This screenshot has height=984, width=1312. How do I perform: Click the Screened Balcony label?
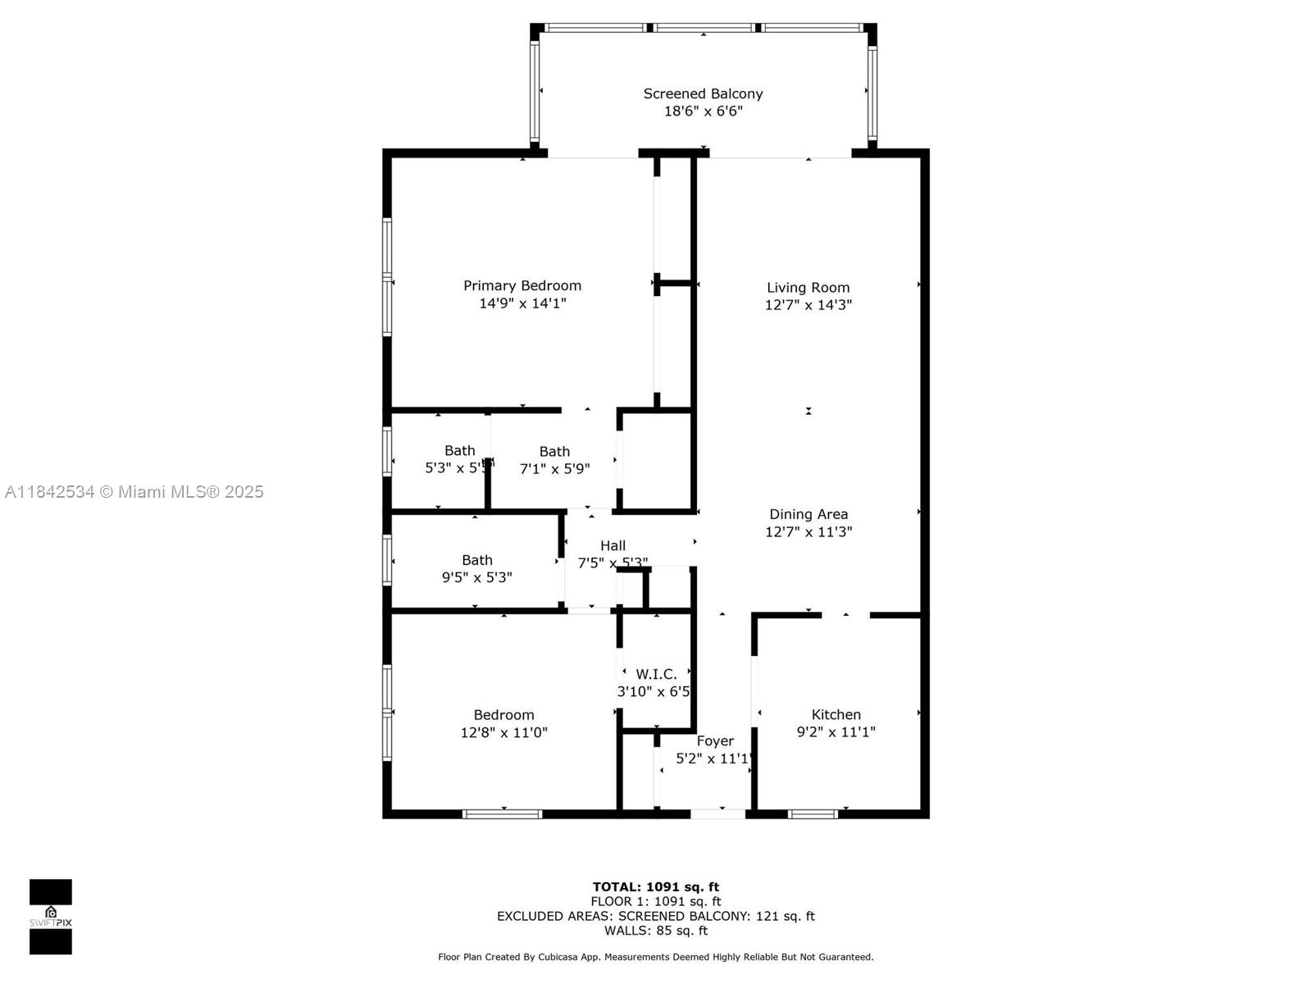tap(703, 93)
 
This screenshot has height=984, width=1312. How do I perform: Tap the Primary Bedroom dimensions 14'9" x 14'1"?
tap(522, 303)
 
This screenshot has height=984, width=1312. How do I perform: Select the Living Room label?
tap(808, 287)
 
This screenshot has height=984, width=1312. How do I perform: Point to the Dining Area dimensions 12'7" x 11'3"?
tap(808, 531)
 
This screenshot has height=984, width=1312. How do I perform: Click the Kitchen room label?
tap(836, 714)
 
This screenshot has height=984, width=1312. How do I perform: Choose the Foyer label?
tap(715, 740)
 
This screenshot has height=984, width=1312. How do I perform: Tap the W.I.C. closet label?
tap(656, 674)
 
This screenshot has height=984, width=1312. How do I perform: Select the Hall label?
tap(613, 545)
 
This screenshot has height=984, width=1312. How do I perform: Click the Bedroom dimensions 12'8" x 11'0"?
tap(503, 732)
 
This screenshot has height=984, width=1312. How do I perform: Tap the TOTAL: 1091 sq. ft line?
tap(655, 886)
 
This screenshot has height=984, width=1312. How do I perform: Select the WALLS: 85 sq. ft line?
tap(655, 931)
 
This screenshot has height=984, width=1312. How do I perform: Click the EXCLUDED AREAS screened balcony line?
tap(655, 916)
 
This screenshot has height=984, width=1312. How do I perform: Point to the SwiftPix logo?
tap(51, 916)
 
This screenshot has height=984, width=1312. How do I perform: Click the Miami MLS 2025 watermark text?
tap(134, 491)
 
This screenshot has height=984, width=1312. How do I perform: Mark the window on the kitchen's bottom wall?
tap(813, 814)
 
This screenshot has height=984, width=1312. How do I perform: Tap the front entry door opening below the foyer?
tap(718, 814)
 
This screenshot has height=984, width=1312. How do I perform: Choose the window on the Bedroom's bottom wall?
tap(502, 814)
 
